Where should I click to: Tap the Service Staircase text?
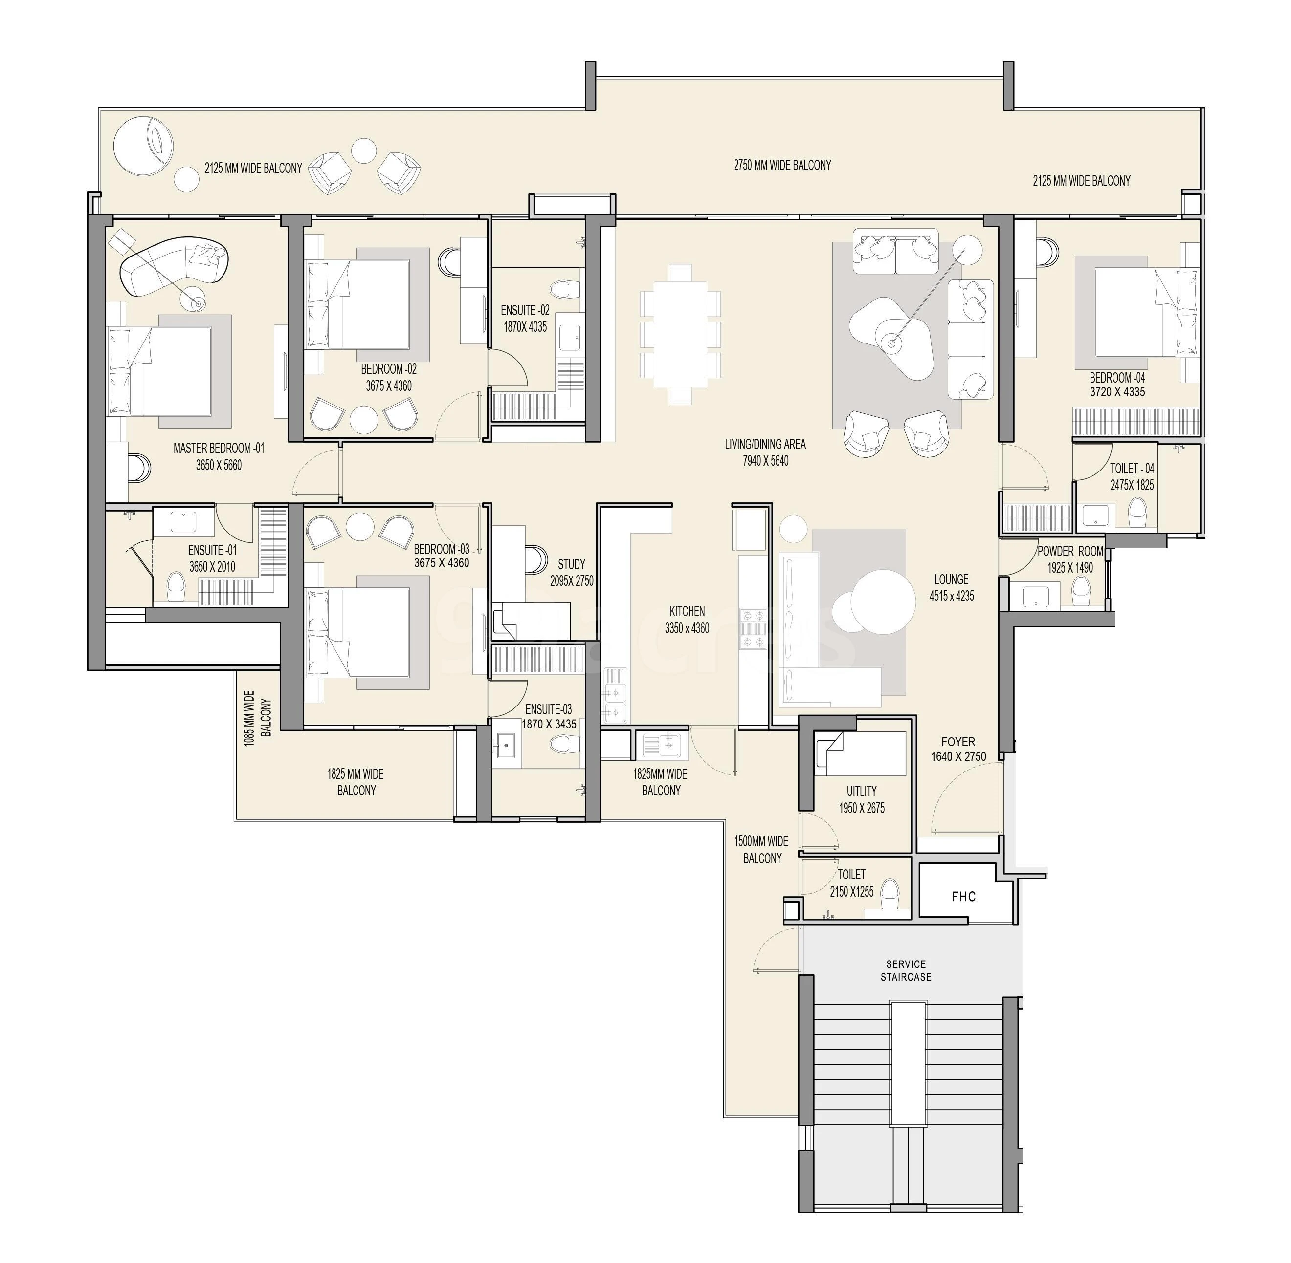click(x=906, y=970)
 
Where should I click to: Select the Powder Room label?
click(x=1070, y=551)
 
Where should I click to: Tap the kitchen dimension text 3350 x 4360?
click(x=687, y=627)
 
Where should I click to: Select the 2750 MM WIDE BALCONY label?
click(x=782, y=165)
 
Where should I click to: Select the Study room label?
click(x=571, y=564)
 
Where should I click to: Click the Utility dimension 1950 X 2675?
click(x=862, y=808)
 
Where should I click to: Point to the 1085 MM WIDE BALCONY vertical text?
click(x=258, y=718)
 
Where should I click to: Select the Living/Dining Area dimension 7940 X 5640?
click(x=765, y=460)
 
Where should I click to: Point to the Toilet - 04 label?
click(x=1132, y=469)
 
